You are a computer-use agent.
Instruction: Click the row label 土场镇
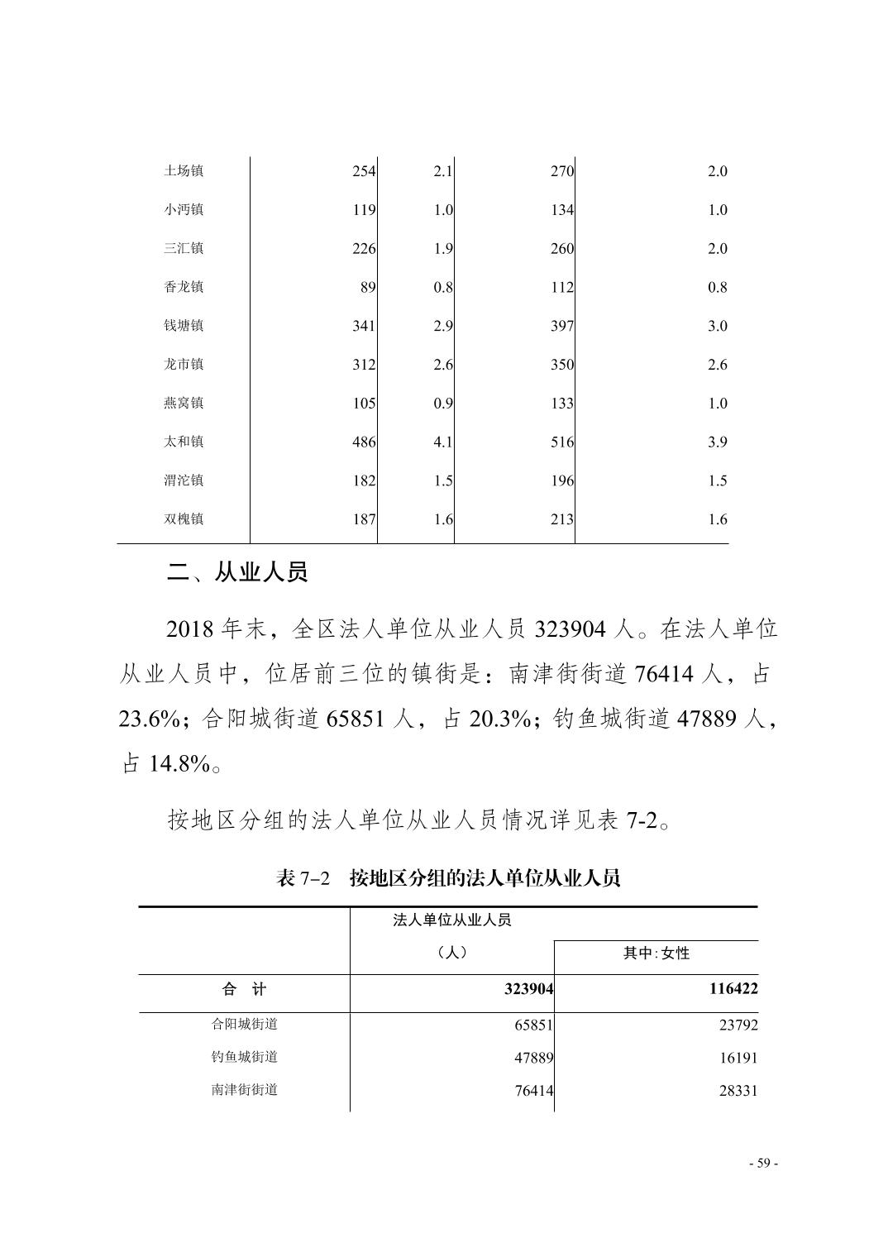click(183, 171)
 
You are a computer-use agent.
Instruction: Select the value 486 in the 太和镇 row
click(364, 442)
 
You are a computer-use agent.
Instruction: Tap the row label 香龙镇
click(183, 287)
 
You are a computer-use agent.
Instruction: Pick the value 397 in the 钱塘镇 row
click(562, 326)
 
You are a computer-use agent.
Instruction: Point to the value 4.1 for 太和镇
click(443, 442)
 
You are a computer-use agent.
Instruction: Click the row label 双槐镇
click(183, 519)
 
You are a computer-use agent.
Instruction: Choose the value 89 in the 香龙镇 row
click(368, 288)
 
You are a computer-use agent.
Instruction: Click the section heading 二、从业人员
click(237, 572)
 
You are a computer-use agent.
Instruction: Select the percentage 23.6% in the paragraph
click(149, 719)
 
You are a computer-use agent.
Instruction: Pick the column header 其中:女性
click(656, 954)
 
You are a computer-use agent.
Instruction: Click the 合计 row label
click(244, 989)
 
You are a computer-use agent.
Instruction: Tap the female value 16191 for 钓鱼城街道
click(738, 1058)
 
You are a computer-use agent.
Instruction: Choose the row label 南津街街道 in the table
click(244, 1090)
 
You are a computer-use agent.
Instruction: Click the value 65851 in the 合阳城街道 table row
click(533, 1025)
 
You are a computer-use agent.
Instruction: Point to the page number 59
click(763, 1164)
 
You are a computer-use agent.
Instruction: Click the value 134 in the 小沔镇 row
click(562, 210)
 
